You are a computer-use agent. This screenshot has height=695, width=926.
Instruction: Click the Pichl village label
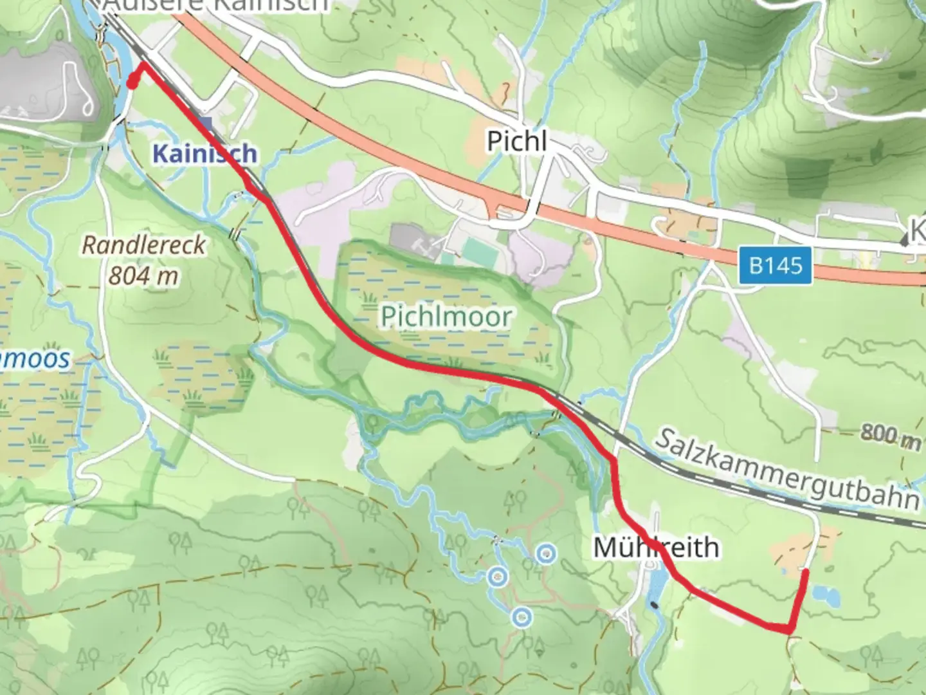[x=516, y=140]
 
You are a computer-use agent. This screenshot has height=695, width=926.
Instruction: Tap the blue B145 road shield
[x=776, y=264]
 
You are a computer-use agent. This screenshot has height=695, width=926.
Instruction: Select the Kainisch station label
[x=205, y=153]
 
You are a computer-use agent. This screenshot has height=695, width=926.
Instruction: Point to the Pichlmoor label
[x=446, y=316]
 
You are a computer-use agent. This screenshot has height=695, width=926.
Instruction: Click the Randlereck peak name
[x=144, y=245]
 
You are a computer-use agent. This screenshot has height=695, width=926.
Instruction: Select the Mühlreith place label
[x=656, y=548]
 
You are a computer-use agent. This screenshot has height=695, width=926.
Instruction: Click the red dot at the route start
[x=132, y=83]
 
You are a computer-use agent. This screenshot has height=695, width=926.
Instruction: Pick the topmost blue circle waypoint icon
[x=546, y=553]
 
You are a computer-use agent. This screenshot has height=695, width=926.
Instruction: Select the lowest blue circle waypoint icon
[x=521, y=618]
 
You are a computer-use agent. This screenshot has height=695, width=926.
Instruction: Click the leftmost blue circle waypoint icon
[x=496, y=577]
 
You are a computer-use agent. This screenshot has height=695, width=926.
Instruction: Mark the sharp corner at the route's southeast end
[x=790, y=629]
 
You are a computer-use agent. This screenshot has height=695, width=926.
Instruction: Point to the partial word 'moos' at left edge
[x=35, y=358]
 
